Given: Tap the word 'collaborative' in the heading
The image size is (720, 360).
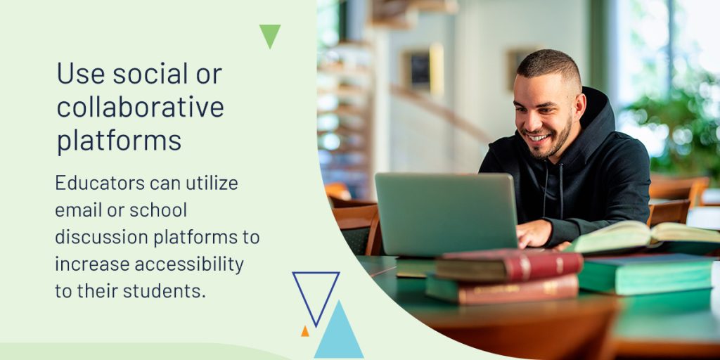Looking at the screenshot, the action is (x=141, y=107).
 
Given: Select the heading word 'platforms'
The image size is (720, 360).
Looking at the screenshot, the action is (x=119, y=140).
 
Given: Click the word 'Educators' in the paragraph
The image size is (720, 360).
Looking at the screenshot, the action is (x=100, y=183).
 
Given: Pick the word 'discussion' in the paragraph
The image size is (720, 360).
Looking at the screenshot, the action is (x=101, y=237).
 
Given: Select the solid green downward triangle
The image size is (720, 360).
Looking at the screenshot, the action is (x=270, y=36).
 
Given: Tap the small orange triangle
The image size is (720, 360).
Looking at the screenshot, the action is (x=305, y=331).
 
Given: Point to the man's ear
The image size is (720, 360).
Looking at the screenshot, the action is (x=579, y=105).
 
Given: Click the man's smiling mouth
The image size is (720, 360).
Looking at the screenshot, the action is (x=539, y=137).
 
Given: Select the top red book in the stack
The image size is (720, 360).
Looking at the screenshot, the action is (x=508, y=264).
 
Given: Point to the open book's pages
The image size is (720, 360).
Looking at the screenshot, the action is (x=643, y=235).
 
